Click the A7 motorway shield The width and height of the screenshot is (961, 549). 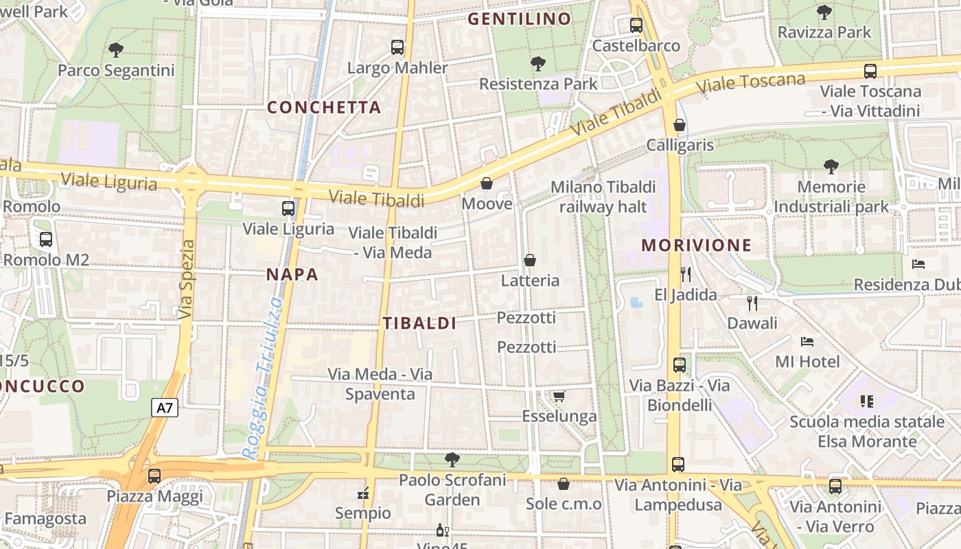click(165, 408)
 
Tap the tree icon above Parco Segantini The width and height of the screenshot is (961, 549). click(116, 49)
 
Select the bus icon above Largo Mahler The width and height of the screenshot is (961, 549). click(397, 47)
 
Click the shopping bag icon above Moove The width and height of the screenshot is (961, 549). click(487, 183)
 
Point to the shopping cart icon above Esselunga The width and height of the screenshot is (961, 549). click(559, 396)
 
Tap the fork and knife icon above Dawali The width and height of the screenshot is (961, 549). click(752, 302)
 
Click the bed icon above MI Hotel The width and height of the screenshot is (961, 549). click(807, 341)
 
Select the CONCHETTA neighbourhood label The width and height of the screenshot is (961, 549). click(323, 107)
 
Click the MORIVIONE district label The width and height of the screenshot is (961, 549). click(697, 245)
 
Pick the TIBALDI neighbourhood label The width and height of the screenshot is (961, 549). click(419, 323)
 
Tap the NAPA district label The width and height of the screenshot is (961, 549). click(292, 274)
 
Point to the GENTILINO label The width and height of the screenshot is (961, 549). click(519, 19)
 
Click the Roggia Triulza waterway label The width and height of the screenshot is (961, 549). click(262, 377)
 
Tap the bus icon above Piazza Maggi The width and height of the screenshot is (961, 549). click(154, 476)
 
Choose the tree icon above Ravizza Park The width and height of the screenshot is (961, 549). click(824, 12)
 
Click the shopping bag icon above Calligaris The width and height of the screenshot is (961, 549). click(680, 125)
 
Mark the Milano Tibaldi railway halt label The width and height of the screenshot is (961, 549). click(603, 196)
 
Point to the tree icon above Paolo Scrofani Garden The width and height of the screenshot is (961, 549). click(452, 459)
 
